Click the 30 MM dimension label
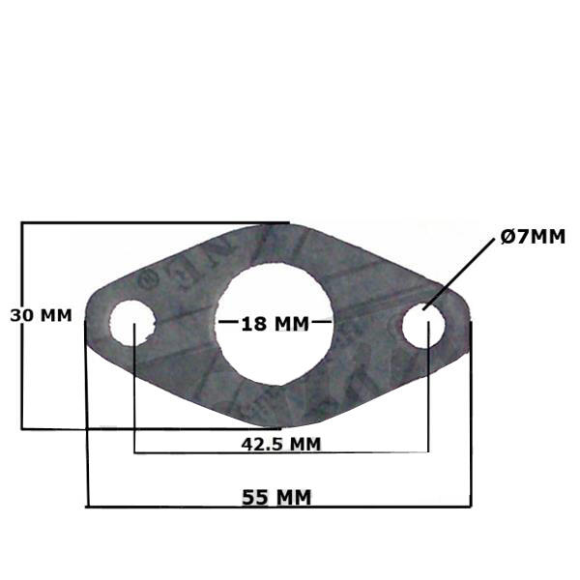(41, 315)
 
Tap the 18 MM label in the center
(274, 323)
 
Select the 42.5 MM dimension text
(280, 444)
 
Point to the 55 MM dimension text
(276, 498)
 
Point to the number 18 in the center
(253, 323)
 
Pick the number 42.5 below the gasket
(260, 444)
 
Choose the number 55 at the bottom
(255, 498)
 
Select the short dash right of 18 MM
(321, 323)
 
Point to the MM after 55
(295, 498)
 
